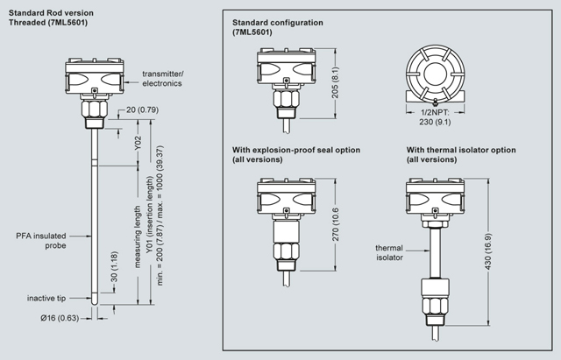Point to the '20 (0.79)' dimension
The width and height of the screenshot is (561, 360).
point(143,109)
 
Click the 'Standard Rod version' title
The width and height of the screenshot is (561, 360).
point(50,12)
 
